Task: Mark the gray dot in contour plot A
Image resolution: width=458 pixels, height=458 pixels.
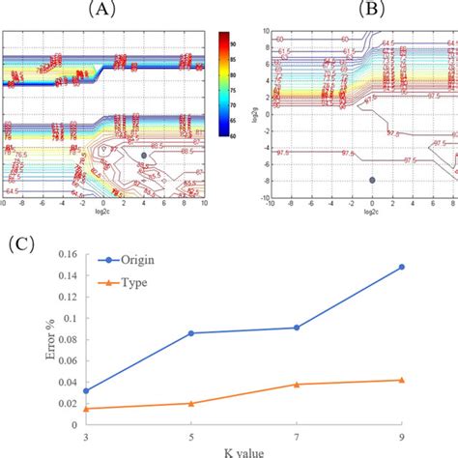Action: [144, 155]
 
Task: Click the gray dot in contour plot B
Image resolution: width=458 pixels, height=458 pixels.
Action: [372, 180]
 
